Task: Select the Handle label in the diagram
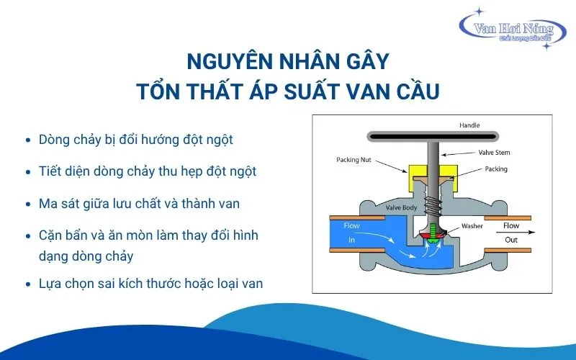point(469,125)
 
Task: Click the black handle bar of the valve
point(433,137)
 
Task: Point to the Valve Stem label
point(494,153)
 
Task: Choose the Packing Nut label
point(354,160)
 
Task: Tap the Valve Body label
point(401,208)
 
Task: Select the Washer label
point(472,226)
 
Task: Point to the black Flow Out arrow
point(516,232)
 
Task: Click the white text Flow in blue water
point(351,225)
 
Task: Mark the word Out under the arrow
point(511,240)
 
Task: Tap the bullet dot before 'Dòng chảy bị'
point(28,140)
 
